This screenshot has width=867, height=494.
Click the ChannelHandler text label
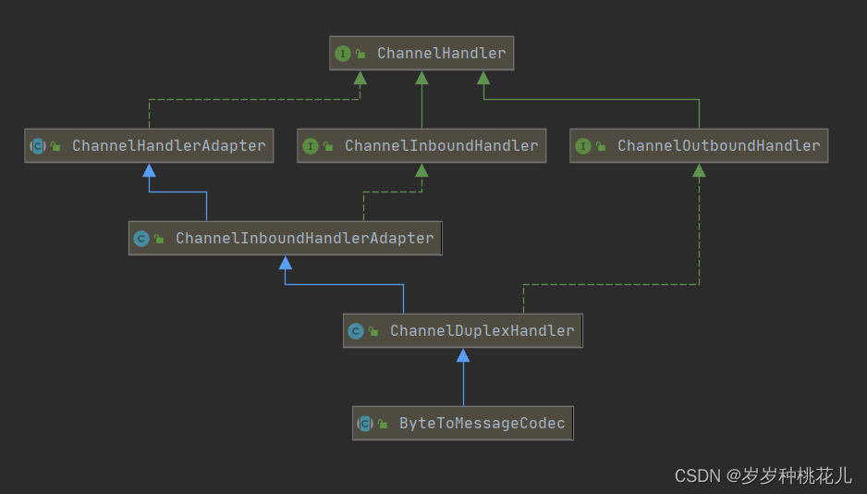pos(441,53)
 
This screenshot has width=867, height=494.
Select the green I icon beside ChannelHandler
pos(343,54)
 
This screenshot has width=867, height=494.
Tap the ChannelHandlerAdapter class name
pos(168,145)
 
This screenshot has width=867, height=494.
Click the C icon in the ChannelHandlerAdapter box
pos(38,146)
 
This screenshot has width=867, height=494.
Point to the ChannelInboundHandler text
pos(441,145)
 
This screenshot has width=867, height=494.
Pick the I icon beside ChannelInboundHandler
pos(311,146)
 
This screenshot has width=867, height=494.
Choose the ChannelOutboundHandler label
pos(718,145)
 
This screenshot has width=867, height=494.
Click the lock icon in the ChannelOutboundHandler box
pos(601,146)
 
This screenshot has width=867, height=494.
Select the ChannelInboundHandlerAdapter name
pos(304,238)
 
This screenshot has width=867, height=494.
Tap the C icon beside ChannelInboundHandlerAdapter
pos(141,239)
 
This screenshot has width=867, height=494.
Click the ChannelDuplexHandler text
pos(482,330)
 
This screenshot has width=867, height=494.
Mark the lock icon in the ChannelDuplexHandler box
pos(373,331)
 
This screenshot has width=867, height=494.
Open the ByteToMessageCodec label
pos(482,423)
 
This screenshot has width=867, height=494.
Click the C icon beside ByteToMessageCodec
pos(365,424)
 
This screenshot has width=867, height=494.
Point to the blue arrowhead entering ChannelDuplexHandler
pos(463,355)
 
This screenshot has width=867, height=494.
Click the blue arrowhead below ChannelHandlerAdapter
pos(149,170)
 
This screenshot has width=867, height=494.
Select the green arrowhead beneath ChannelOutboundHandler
pos(699,170)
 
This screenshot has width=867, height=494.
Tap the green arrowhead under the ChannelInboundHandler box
pos(421,170)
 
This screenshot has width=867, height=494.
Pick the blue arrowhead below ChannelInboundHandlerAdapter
pos(286,263)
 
